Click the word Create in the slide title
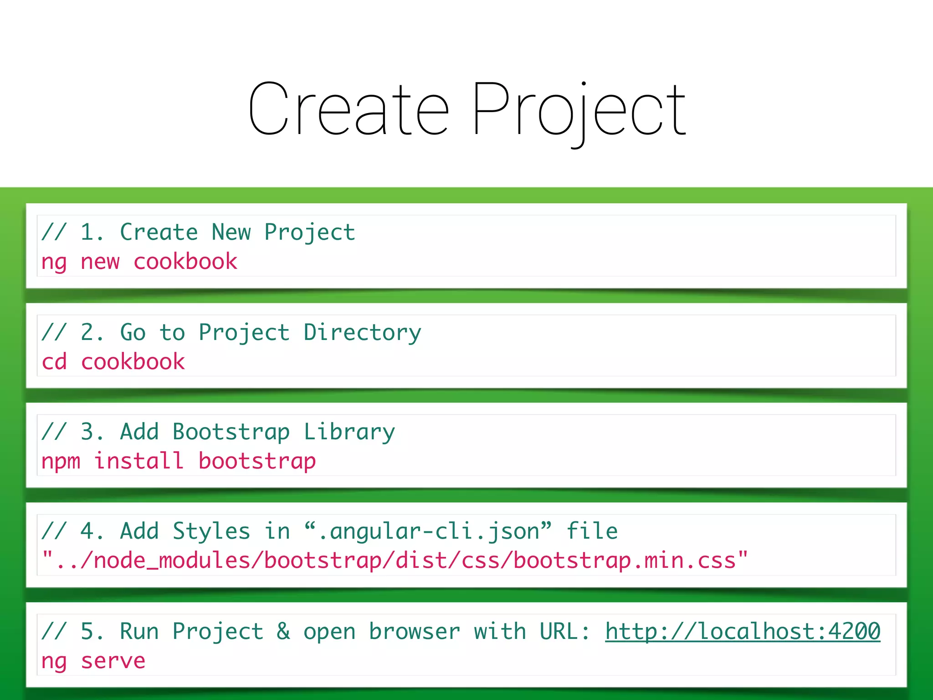349,109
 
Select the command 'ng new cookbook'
139,262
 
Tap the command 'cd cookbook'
113,362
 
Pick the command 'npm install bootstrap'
178,461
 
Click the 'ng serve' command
93,661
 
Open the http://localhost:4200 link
743,632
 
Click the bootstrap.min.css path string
395,561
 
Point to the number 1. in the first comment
92,232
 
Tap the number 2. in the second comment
92,332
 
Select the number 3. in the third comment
92,432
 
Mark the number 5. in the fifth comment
92,632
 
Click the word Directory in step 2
362,333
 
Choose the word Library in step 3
349,432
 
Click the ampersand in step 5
283,632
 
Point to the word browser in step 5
414,632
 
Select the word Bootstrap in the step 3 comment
231,432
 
